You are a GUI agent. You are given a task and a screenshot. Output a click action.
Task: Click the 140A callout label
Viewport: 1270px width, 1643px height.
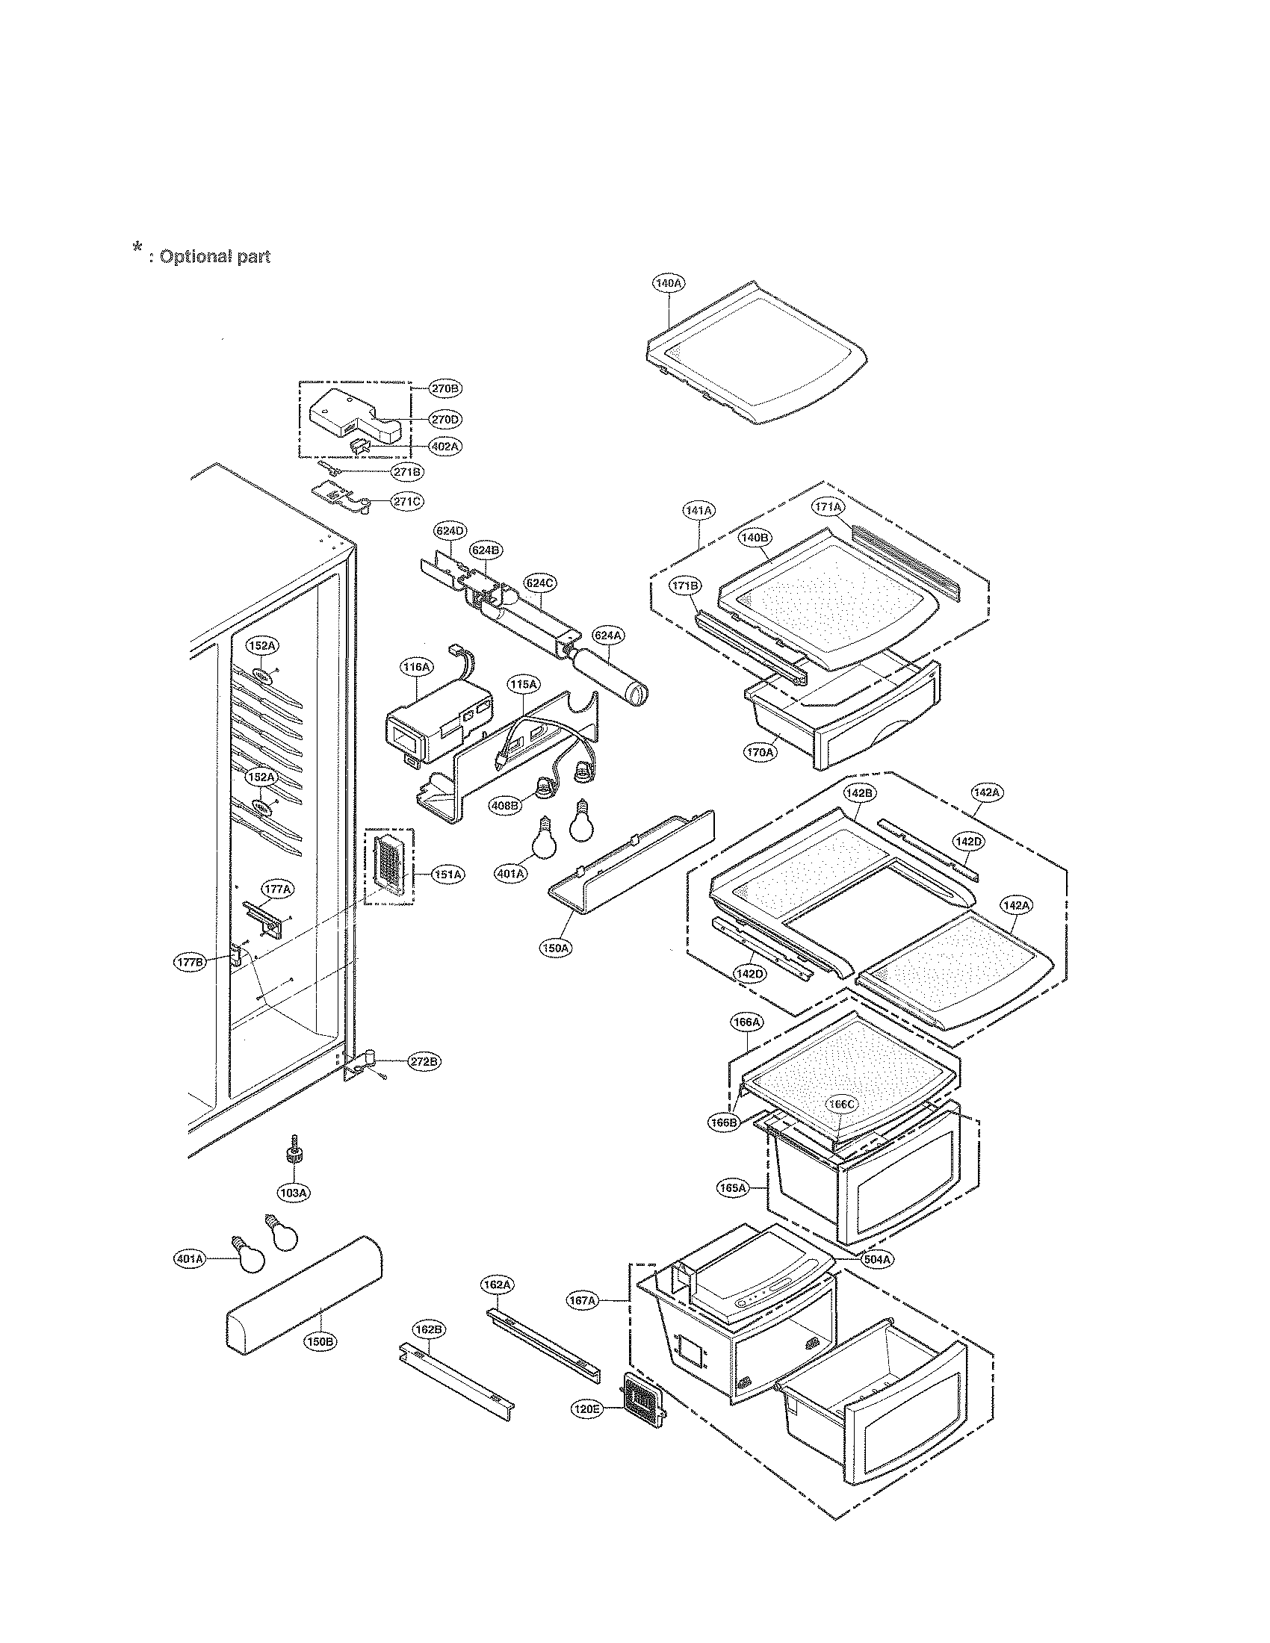668,283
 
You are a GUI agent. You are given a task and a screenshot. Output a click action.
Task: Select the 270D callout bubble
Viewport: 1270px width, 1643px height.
444,418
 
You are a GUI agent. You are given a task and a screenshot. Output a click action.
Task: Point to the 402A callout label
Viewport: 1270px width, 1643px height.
444,446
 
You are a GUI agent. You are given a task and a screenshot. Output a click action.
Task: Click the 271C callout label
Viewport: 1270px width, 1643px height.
407,500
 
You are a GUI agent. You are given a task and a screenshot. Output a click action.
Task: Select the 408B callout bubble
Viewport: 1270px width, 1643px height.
505,805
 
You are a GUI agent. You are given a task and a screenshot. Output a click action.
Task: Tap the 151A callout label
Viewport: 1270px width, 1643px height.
447,875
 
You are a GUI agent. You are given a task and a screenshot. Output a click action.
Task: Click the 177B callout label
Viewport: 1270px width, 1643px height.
190,962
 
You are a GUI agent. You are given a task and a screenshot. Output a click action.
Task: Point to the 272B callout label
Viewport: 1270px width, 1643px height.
424,1061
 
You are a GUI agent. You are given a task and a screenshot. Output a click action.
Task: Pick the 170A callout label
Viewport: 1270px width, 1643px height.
760,751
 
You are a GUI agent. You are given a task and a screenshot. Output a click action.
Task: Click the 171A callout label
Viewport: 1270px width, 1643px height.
828,507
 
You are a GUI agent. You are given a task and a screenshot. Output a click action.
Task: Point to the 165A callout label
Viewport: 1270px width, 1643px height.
733,1188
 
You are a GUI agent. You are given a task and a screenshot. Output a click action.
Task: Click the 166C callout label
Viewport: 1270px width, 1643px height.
842,1104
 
